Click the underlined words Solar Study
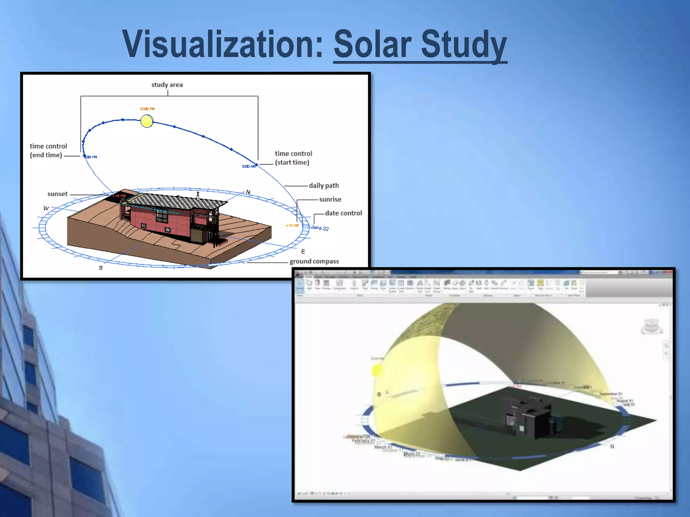point(420,45)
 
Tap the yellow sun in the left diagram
point(147,121)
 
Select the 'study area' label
point(167,85)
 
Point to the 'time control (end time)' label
point(48,150)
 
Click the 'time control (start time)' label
point(293,158)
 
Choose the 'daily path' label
point(323,185)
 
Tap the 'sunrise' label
point(330,199)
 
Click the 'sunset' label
point(57,194)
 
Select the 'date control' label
point(343,213)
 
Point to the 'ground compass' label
point(314,261)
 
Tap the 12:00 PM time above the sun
point(147,109)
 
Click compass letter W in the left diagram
point(46,208)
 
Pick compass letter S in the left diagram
point(101,268)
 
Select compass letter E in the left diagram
point(303,251)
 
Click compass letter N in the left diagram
point(248,192)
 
